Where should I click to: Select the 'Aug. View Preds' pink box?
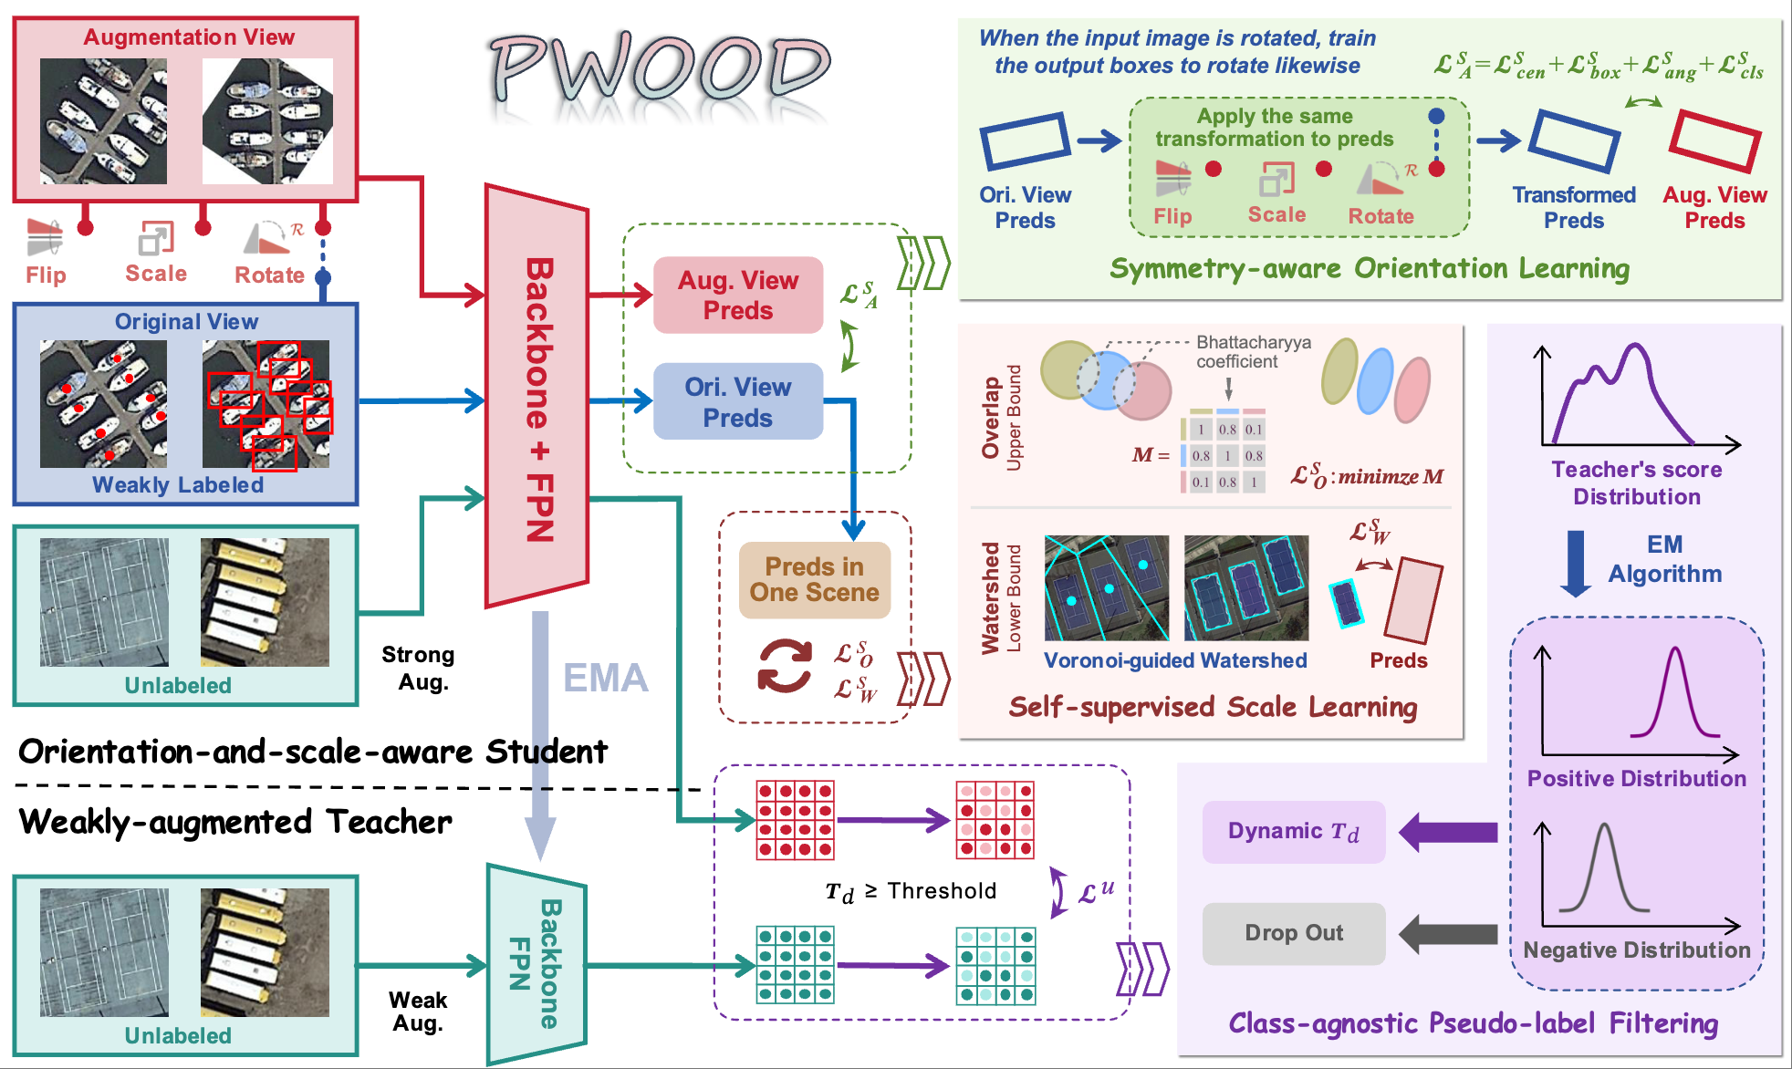(x=738, y=295)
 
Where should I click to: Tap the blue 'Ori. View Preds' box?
(x=738, y=402)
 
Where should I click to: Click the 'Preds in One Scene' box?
(x=814, y=580)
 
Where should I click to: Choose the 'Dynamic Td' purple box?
(x=1293, y=832)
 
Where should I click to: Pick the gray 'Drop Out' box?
(x=1293, y=933)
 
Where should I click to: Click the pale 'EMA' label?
(x=605, y=678)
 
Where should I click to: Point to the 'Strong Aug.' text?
(x=419, y=668)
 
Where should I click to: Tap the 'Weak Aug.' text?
(x=418, y=1012)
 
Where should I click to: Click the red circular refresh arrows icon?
(x=785, y=666)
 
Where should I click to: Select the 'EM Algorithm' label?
(x=1664, y=559)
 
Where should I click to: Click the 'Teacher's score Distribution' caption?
(x=1637, y=483)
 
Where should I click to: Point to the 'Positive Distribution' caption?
(x=1637, y=779)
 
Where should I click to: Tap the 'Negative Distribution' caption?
(x=1637, y=950)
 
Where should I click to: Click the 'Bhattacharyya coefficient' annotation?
(x=1253, y=352)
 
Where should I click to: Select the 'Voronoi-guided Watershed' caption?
(x=1175, y=660)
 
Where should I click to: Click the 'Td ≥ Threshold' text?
(x=911, y=891)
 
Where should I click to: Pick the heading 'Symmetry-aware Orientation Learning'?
(x=1369, y=269)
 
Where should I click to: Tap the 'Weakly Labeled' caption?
(x=178, y=485)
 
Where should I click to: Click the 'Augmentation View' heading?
(x=189, y=37)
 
